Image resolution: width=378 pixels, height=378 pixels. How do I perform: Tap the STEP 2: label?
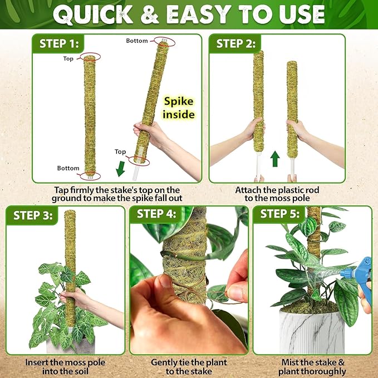238,43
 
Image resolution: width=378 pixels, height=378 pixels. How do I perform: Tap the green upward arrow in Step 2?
274,160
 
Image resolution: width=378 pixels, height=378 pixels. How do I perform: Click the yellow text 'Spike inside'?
179,108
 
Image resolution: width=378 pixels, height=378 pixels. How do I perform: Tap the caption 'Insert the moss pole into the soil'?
66,366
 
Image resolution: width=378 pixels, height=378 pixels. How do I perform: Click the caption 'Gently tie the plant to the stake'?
189,366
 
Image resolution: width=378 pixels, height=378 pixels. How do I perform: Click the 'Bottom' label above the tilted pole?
137,41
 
